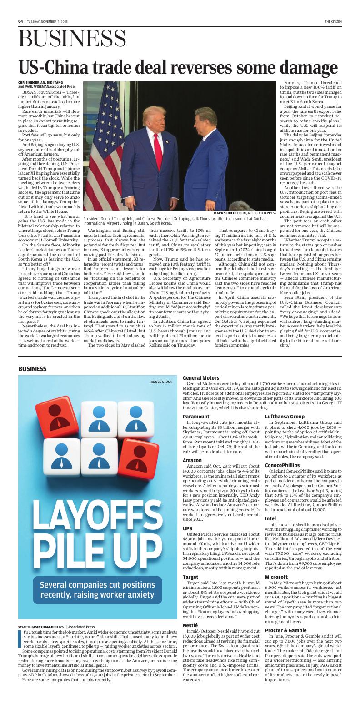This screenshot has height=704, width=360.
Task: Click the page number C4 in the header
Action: pos(20,21)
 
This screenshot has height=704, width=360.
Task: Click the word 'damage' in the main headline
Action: pos(305,67)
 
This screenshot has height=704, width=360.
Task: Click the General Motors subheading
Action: pos(200,378)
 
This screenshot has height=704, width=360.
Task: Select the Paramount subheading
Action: pos(196,417)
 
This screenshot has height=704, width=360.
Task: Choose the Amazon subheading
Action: pos(192,460)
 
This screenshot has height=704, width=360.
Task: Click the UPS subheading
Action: pos(187,528)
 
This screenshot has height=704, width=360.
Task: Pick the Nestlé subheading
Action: pos(190,625)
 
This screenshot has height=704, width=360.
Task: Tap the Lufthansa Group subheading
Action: pos(285,417)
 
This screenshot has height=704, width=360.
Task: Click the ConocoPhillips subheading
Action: pos(282,465)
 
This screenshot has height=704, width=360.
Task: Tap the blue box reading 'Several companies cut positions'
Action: pos(97,589)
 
